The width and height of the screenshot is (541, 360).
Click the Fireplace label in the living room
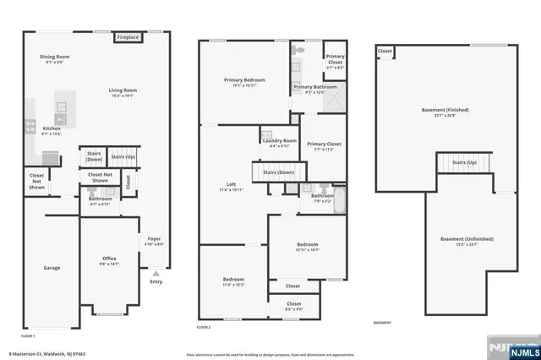click(x=128, y=37)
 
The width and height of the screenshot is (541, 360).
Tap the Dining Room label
click(x=55, y=57)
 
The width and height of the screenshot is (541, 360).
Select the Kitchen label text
click(x=52, y=128)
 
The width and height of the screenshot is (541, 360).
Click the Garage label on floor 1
click(x=52, y=268)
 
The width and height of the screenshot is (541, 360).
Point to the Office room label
click(x=110, y=259)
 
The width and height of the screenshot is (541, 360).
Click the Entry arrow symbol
click(x=156, y=274)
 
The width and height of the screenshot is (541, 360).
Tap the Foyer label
click(x=153, y=239)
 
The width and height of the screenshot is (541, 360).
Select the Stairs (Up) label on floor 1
click(x=123, y=157)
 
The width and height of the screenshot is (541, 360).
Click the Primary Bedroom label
click(x=244, y=80)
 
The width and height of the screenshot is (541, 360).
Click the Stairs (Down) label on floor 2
click(x=278, y=172)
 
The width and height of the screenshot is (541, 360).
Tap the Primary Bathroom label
click(x=315, y=86)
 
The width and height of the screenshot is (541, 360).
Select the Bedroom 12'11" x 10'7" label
click(x=307, y=245)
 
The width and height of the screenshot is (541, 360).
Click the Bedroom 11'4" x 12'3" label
click(x=233, y=279)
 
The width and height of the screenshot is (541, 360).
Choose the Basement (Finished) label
click(x=445, y=110)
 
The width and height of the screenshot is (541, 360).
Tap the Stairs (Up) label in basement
click(x=464, y=162)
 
